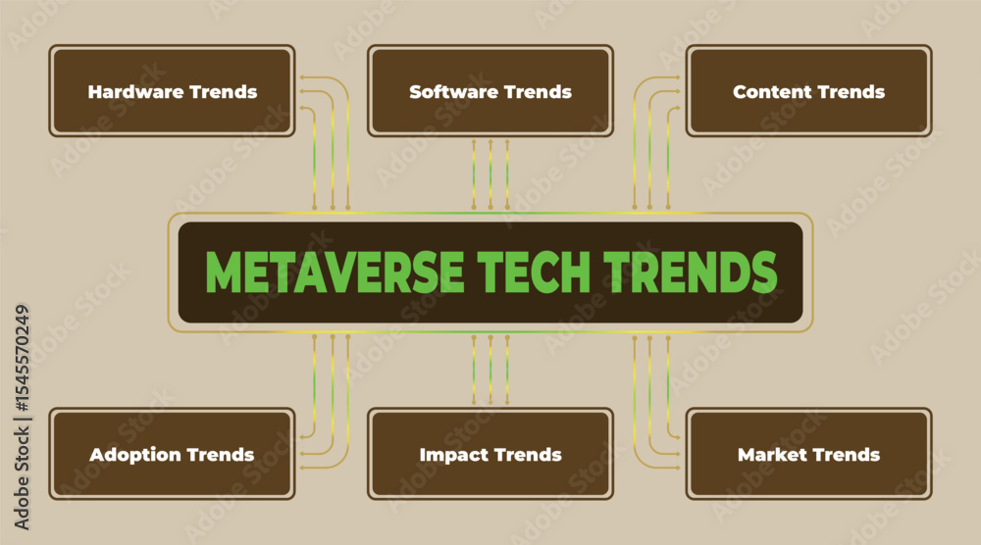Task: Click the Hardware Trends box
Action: click(172, 90)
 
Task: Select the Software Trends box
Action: click(490, 90)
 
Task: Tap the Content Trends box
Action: click(809, 90)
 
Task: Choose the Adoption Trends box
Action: click(172, 454)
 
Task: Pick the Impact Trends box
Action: click(490, 454)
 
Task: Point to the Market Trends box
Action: click(809, 454)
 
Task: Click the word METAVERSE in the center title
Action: click(335, 272)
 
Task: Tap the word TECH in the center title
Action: click(534, 272)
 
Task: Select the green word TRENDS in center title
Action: click(690, 272)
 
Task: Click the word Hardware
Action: click(135, 92)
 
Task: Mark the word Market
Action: click(767, 455)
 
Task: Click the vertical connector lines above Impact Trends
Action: click(490, 370)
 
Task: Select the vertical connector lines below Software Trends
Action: click(490, 173)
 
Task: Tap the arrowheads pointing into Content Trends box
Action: click(676, 92)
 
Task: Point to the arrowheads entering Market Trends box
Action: click(676, 453)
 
